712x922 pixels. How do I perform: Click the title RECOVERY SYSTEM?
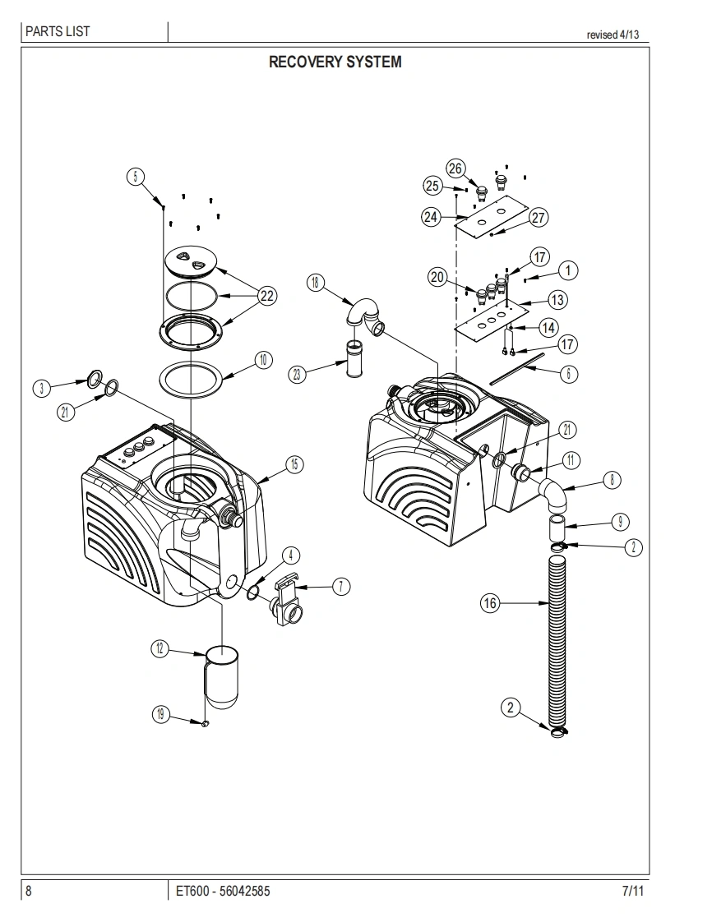pos(335,62)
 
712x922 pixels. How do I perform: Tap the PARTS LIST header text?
pos(58,31)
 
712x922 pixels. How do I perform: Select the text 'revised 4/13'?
pos(613,35)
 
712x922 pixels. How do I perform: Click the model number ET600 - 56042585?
pos(223,891)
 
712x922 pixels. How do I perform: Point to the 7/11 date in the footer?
pos(632,891)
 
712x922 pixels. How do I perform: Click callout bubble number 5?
pos(136,177)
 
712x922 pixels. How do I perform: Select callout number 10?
pos(263,360)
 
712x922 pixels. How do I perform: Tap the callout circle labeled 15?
pos(295,464)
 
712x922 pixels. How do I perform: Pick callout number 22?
pos(267,296)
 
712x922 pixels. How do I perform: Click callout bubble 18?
pos(316,282)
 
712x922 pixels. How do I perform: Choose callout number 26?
pos(455,168)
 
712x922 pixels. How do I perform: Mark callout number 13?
pos(557,300)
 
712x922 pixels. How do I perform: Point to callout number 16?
pos(490,602)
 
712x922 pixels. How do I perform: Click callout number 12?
pos(160,648)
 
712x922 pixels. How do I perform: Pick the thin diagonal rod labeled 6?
pos(518,368)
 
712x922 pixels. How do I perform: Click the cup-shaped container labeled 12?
pos(221,676)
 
